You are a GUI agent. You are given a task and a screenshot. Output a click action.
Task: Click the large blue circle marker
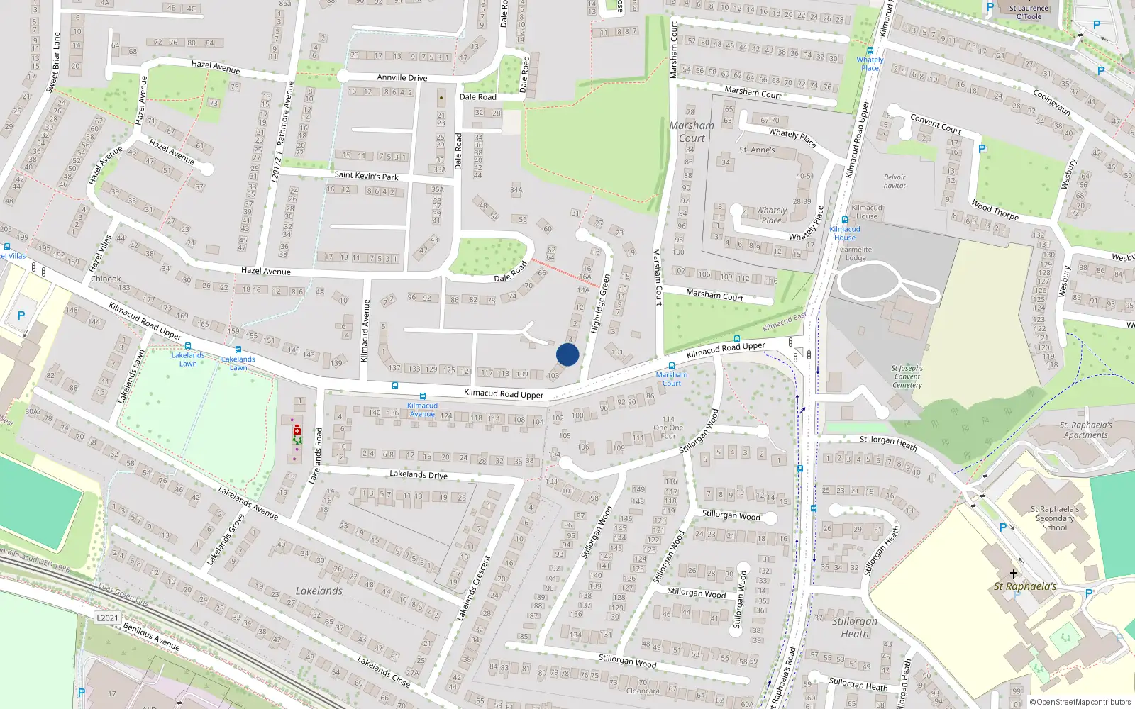pos(567,354)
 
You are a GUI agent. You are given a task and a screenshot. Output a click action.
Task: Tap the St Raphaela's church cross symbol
pos(1014,574)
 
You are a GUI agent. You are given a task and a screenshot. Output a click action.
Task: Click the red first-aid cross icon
pos(297,430)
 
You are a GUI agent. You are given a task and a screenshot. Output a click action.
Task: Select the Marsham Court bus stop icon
pos(671,366)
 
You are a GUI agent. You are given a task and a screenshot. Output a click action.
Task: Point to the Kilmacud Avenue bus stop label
pos(422,410)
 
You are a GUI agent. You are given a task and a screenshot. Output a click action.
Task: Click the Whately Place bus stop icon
pos(870,50)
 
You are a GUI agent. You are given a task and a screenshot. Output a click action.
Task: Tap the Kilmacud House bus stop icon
pos(844,220)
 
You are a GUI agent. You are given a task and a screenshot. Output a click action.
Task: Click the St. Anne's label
pos(757,150)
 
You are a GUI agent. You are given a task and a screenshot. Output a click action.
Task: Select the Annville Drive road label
pos(402,78)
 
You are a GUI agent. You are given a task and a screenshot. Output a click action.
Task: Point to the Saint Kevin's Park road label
pos(366,175)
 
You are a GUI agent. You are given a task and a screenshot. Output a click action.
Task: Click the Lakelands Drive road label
pos(419,474)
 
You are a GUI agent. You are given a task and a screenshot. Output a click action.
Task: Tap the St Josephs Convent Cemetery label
pos(907,376)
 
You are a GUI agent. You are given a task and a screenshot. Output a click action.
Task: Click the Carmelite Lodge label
pos(856,253)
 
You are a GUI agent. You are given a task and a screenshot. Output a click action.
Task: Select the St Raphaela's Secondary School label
pos(1054,518)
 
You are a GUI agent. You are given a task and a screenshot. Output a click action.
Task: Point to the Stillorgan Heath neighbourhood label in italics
pos(855,627)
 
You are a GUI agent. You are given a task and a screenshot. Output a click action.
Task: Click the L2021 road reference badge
pos(108,618)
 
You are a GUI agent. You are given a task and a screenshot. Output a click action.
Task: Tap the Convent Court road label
pos(936,124)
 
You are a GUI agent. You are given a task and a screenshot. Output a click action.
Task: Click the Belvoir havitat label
pos(895,182)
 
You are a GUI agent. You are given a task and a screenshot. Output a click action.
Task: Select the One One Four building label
pos(668,428)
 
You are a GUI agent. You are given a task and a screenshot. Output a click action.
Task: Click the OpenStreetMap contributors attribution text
pos(1083,702)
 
